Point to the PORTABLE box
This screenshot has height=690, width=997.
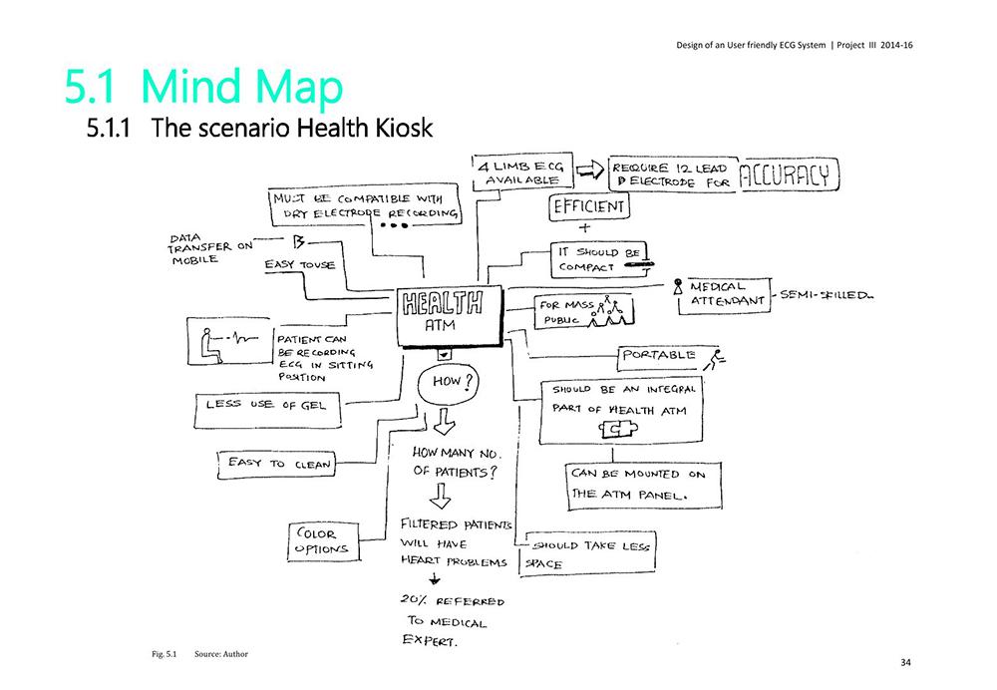click(x=659, y=355)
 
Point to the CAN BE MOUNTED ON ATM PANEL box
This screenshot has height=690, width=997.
click(x=639, y=484)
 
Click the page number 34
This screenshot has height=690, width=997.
click(x=905, y=662)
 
